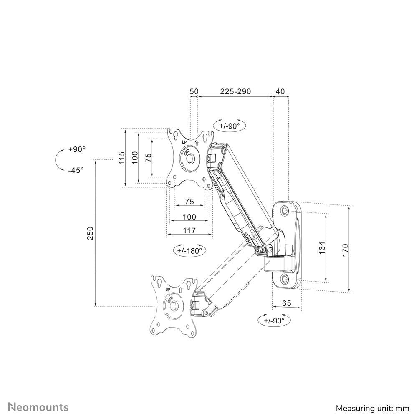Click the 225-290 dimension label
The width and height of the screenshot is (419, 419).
coord(235,91)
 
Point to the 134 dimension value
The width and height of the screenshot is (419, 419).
coord(321,248)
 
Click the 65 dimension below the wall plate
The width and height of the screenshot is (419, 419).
coord(286,303)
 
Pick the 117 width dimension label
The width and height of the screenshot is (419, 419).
coord(189,230)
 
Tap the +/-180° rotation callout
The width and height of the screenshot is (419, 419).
coord(189,250)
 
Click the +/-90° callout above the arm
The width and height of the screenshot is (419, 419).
coord(229,125)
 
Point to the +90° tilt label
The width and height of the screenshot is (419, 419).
coord(77,149)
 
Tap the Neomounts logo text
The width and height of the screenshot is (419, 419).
coord(39,407)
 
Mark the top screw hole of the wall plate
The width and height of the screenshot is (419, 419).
coord(285,211)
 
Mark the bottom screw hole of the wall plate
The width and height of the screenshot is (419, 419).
coord(285,279)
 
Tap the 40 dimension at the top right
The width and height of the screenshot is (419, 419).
coord(280,91)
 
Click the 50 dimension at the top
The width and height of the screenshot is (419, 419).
coord(194,91)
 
